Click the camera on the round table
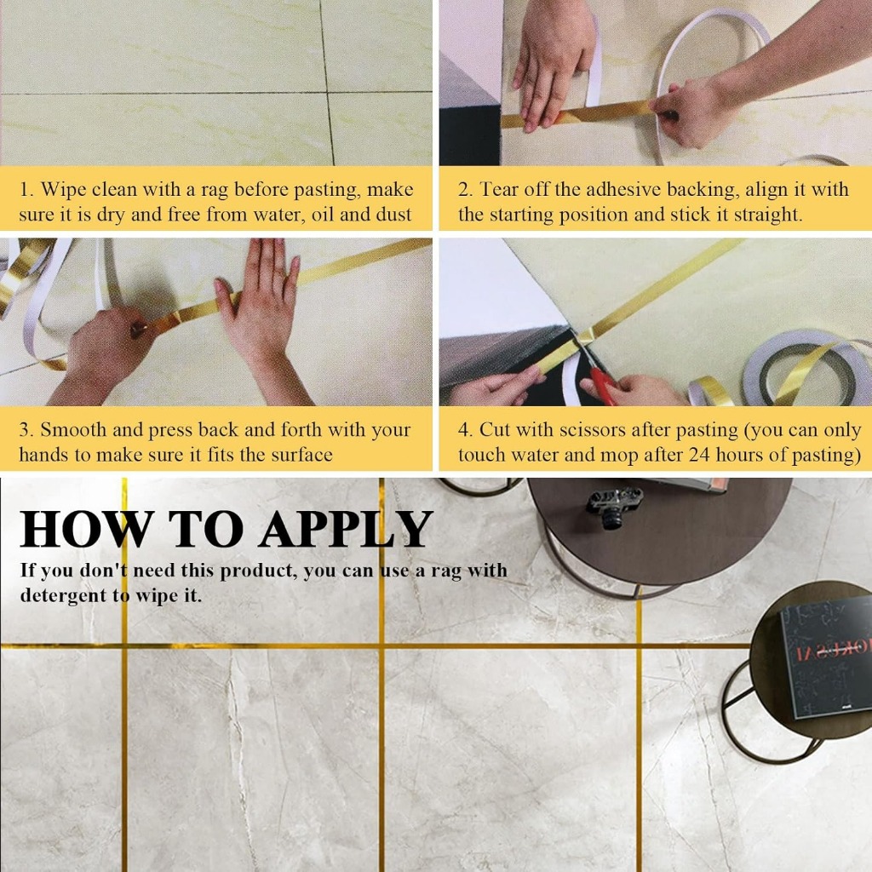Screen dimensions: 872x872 pyautogui.click(x=613, y=506)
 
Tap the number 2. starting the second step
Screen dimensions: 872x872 pyautogui.click(x=466, y=190)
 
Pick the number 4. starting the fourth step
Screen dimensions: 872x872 pyautogui.click(x=466, y=430)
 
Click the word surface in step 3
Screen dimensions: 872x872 pyautogui.click(x=302, y=455)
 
